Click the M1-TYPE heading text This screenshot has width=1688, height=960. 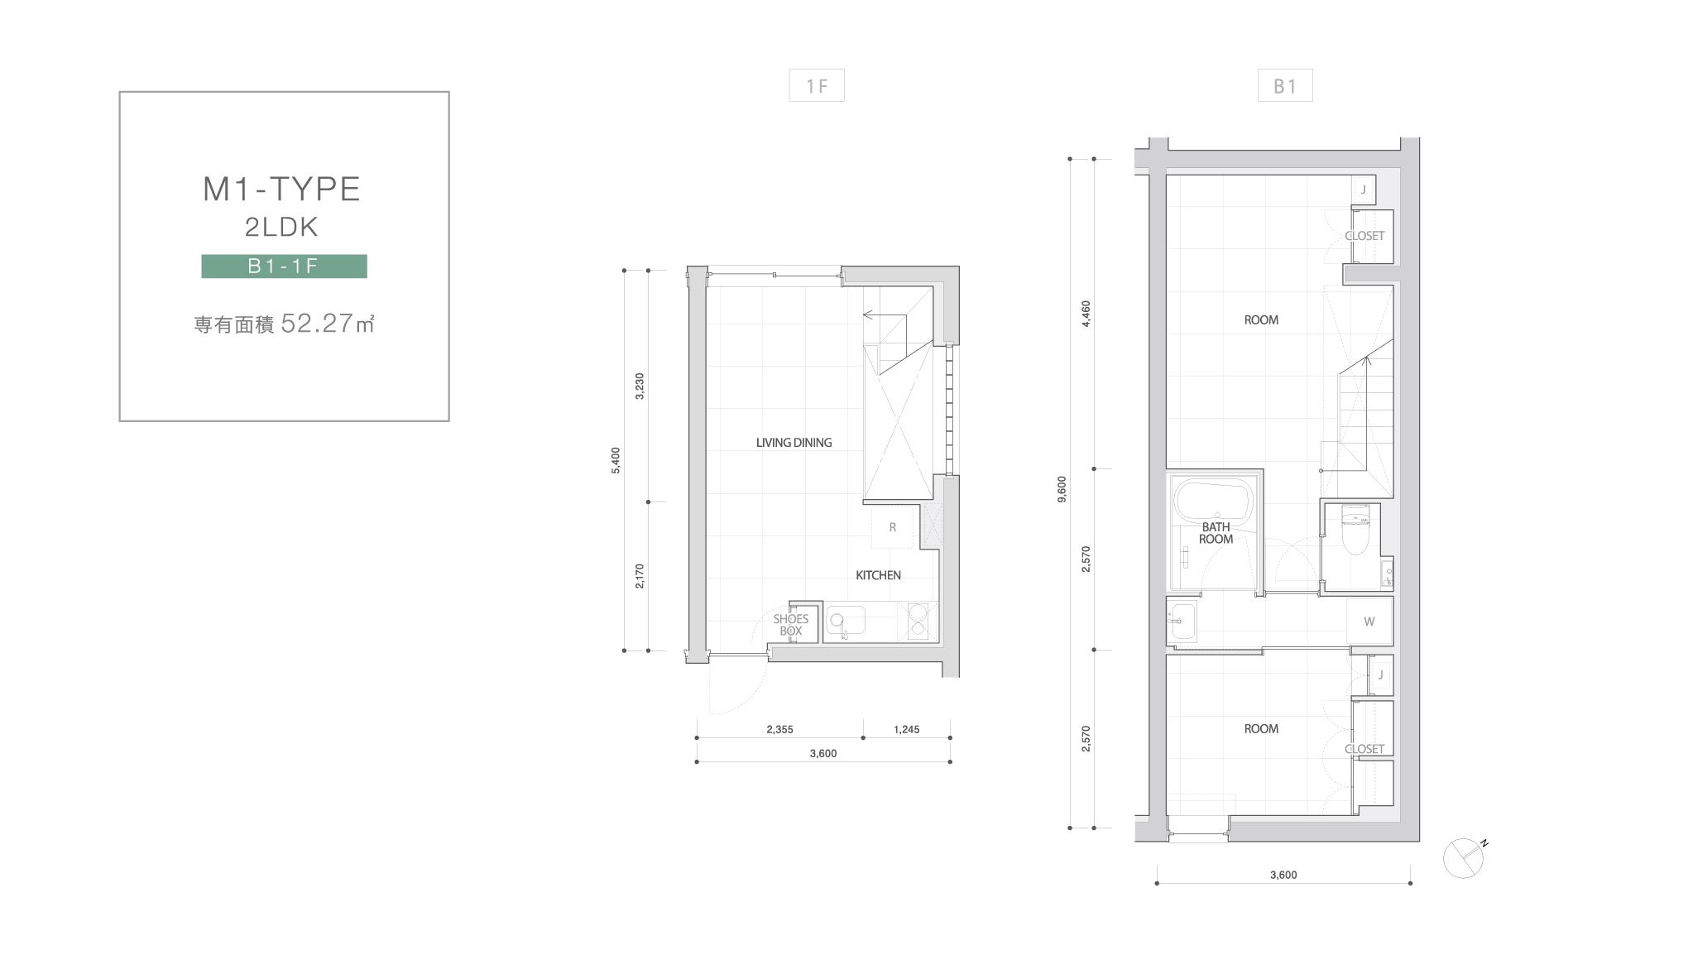click(x=281, y=190)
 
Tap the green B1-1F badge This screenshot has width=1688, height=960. click(x=284, y=266)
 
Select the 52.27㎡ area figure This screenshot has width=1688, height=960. click(x=328, y=323)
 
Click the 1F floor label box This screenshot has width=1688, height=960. click(x=817, y=85)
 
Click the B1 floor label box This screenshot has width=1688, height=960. click(x=1285, y=85)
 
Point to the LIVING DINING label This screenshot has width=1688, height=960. click(x=794, y=443)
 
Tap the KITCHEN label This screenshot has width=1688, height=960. click(x=878, y=575)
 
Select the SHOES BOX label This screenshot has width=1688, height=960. click(x=791, y=625)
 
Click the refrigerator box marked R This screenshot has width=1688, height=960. click(x=892, y=527)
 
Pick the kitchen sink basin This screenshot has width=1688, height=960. click(x=845, y=621)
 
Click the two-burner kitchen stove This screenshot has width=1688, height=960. click(x=918, y=621)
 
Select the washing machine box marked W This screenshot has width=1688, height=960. click(x=1369, y=622)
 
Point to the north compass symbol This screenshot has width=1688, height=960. click(x=1465, y=858)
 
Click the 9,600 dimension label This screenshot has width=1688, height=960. click(x=1062, y=489)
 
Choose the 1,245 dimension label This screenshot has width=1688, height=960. click(x=907, y=729)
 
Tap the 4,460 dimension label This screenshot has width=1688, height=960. click(x=1086, y=314)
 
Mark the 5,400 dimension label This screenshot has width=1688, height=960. click(x=616, y=460)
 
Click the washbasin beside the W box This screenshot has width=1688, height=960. click(x=1182, y=621)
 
